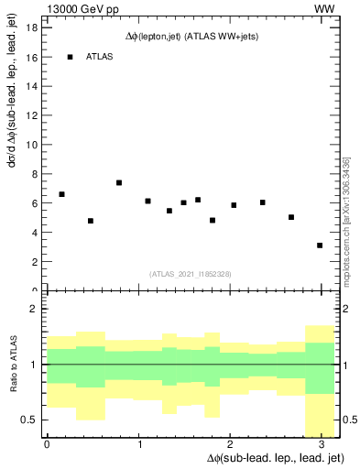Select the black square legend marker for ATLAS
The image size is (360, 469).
(x=70, y=57)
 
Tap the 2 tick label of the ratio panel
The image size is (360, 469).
(x=33, y=310)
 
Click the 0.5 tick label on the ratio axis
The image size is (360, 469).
(x=29, y=420)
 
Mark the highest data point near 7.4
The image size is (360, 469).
(x=119, y=182)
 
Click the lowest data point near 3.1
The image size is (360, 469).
(x=320, y=245)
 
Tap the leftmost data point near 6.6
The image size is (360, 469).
(x=61, y=194)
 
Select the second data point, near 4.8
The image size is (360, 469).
(x=91, y=221)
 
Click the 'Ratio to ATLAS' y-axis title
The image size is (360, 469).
(x=13, y=364)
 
